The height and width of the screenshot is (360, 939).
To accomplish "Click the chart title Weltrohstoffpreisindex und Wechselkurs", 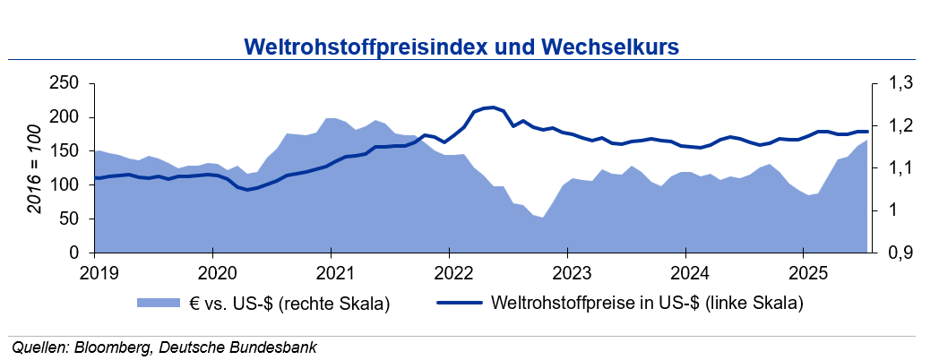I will pyautogui.click(x=461, y=45).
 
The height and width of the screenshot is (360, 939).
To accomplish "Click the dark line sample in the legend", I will pyautogui.click(x=460, y=304).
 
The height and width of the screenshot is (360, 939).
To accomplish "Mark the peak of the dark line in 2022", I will pyautogui.click(x=494, y=107).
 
